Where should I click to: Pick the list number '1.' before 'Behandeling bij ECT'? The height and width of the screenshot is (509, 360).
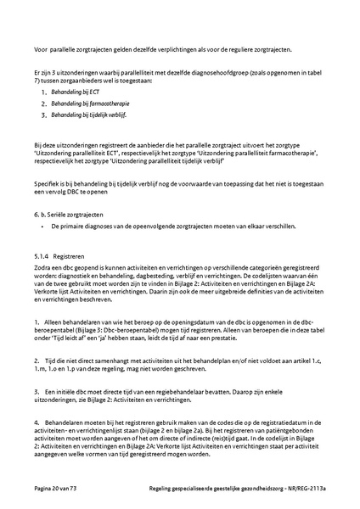click(x=53, y=89)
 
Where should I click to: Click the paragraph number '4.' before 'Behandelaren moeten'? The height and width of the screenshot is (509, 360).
click(x=37, y=420)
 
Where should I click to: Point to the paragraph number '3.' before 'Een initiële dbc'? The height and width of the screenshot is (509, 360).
click(x=37, y=391)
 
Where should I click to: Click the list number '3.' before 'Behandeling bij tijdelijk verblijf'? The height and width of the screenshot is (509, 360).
click(x=53, y=112)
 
